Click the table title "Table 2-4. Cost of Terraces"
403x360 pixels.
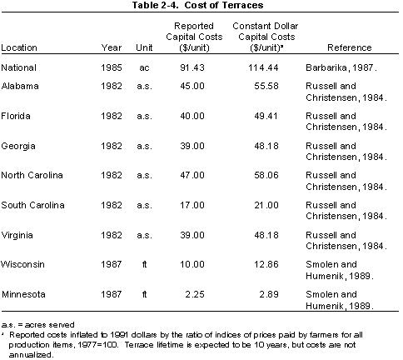(197, 5)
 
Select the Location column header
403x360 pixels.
(19, 47)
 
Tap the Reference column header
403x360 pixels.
(350, 47)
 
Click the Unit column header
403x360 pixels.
(144, 47)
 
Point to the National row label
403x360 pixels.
(18, 67)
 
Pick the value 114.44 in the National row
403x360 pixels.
(263, 67)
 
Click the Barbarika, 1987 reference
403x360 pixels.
(341, 67)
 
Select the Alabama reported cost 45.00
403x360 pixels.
(192, 86)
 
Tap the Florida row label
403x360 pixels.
(16, 116)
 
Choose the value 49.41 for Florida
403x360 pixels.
(266, 116)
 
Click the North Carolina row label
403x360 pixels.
(32, 175)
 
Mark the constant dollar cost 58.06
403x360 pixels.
(266, 175)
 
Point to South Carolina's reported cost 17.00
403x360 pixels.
(192, 205)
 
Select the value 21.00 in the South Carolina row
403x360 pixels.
(266, 205)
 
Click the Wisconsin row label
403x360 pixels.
(22, 264)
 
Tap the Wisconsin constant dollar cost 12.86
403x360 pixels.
(266, 264)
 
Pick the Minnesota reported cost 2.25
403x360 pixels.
(195, 294)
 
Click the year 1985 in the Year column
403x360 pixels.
(112, 67)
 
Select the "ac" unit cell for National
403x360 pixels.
(144, 68)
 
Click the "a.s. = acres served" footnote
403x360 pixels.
(37, 324)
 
